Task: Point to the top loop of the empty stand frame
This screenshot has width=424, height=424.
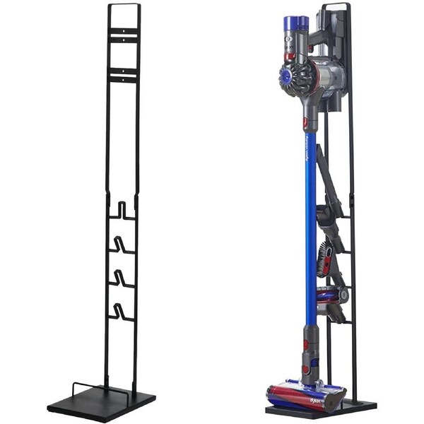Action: pos(124,6)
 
